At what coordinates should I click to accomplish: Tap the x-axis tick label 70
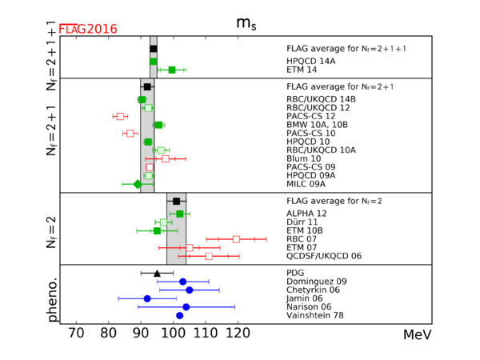76,333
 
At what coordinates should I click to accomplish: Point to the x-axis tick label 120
237,333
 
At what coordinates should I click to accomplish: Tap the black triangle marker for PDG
157,273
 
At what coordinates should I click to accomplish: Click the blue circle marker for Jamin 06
147,298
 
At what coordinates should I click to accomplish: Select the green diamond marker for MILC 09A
138,184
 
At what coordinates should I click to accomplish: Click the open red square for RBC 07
236,238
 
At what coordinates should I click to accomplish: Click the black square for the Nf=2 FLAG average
177,202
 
